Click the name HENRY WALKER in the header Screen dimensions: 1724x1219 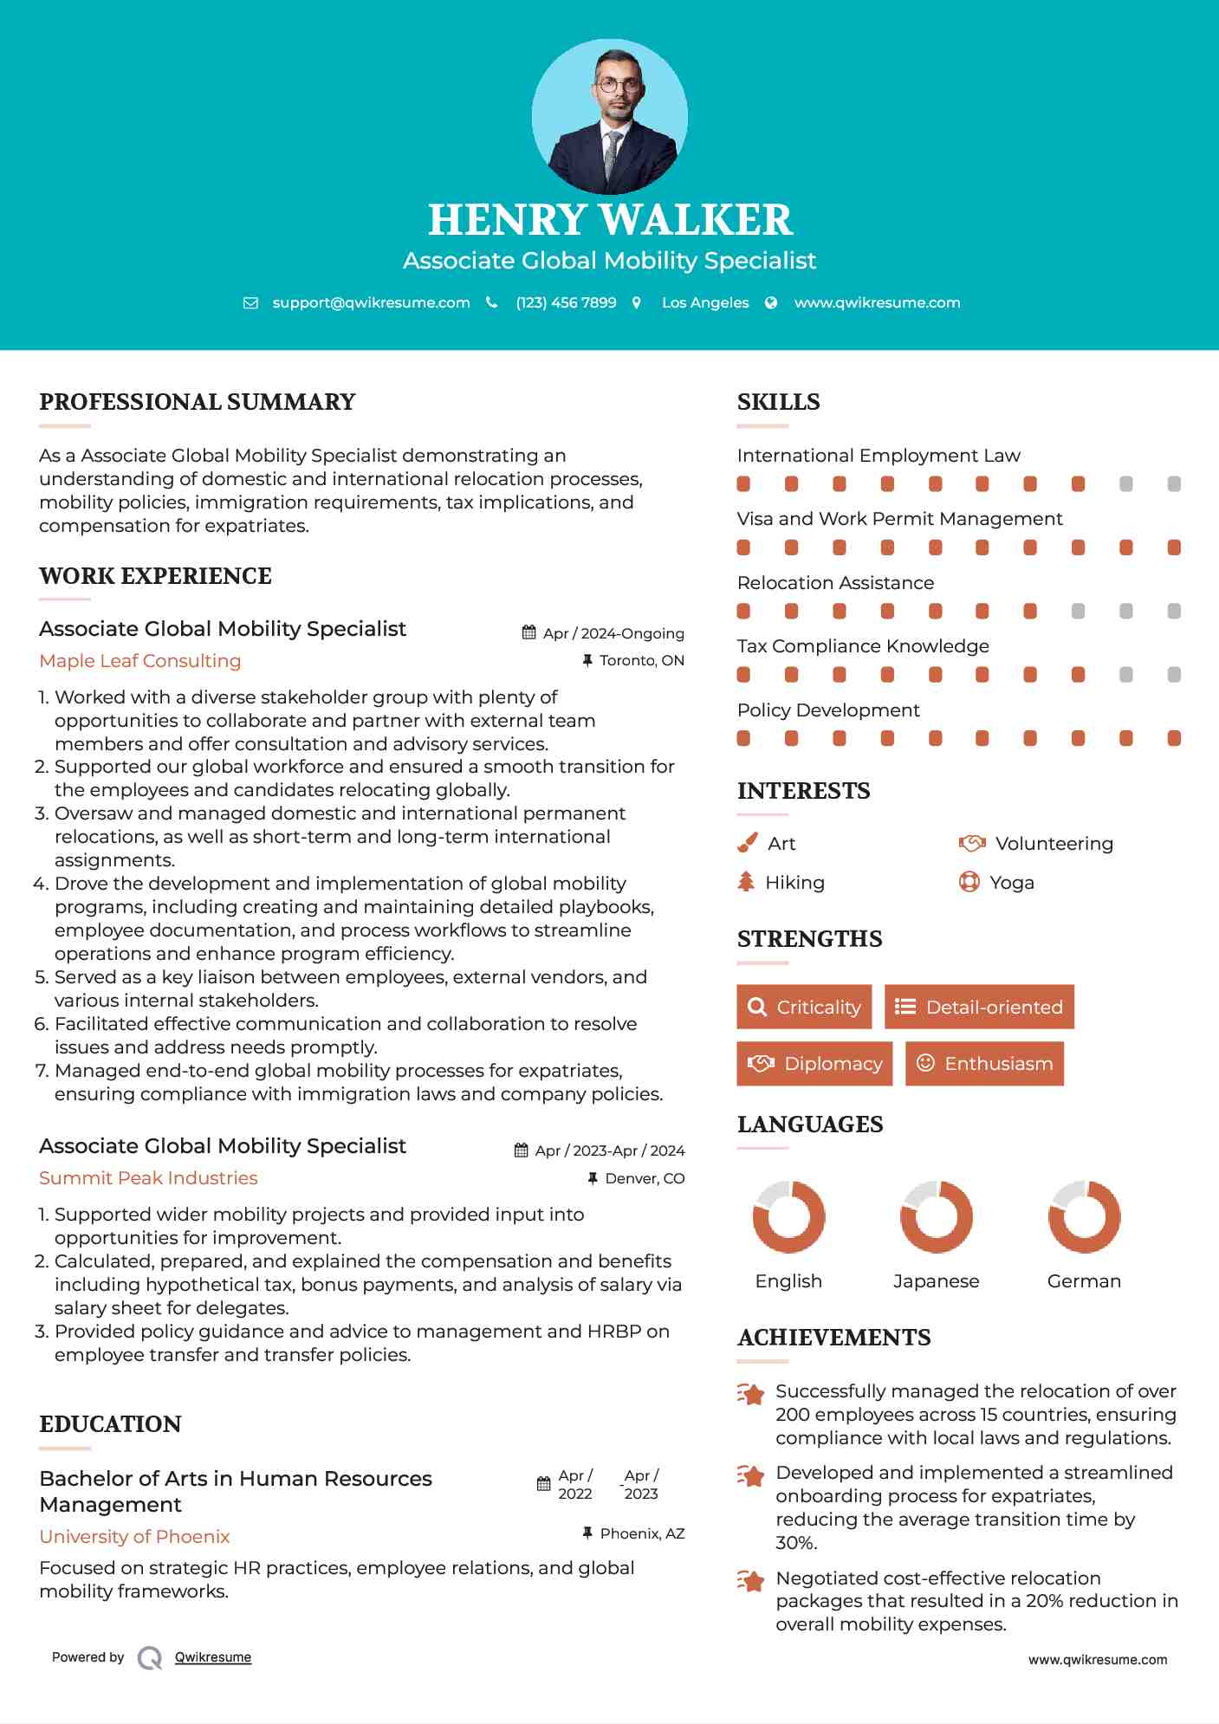click(610, 220)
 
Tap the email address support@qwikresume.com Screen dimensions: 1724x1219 click(371, 302)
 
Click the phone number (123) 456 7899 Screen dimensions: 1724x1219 click(566, 302)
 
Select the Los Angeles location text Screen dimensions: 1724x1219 click(705, 302)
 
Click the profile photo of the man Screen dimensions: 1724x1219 click(610, 117)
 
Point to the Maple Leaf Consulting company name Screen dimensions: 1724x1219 click(140, 661)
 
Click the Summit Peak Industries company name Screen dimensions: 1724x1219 click(148, 1178)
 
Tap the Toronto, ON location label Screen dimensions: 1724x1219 click(641, 660)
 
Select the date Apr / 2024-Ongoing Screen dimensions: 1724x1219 click(613, 633)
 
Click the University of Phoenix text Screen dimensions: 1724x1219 click(134, 1536)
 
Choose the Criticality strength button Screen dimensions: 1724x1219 click(804, 1007)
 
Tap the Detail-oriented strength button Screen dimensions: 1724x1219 click(979, 1007)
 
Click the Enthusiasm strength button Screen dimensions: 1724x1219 click(984, 1063)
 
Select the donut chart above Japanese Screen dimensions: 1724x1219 click(936, 1216)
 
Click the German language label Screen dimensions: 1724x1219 click(1084, 1280)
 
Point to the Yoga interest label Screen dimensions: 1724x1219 click(1012, 882)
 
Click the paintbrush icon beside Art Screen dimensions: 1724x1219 click(747, 843)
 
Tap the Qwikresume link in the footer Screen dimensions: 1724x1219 click(213, 1657)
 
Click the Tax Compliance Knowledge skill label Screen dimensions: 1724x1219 click(863, 646)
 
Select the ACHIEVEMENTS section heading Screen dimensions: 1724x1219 click(833, 1338)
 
